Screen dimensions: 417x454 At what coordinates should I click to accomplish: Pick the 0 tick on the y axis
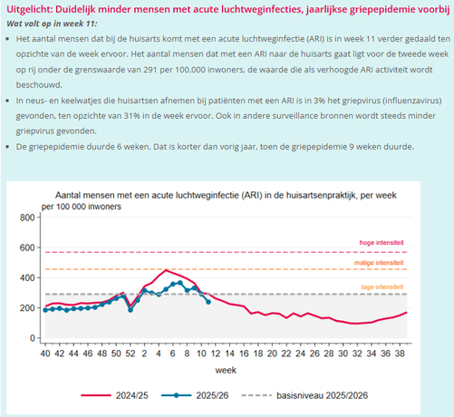click(31, 338)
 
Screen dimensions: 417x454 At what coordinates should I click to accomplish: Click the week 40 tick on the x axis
click(45, 354)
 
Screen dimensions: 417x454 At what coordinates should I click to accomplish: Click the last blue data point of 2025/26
click(209, 302)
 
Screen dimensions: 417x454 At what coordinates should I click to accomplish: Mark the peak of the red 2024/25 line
click(165, 270)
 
